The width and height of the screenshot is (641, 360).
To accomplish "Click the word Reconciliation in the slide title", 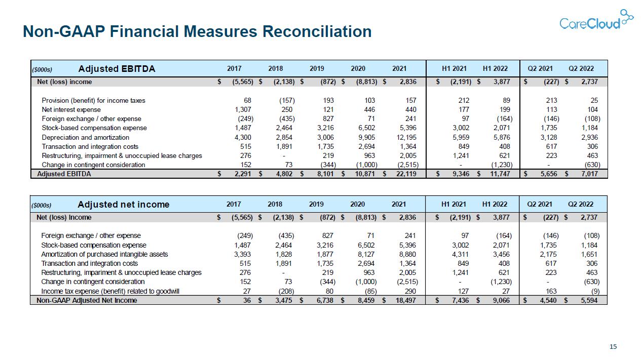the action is [x=317, y=31].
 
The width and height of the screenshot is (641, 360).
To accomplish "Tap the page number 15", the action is [x=613, y=346].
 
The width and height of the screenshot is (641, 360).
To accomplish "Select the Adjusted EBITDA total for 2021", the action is [x=406, y=174].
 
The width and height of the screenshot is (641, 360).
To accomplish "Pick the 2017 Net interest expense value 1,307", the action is [x=243, y=109].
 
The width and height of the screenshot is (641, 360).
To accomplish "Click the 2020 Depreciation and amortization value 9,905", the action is [x=366, y=137].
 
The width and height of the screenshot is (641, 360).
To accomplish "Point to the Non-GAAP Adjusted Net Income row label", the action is [x=87, y=300].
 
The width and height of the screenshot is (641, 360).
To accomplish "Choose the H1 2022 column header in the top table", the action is [x=495, y=69].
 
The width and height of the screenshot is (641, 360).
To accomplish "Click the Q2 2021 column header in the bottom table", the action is [x=540, y=204].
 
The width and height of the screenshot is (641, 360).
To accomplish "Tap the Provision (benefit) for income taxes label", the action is [x=93, y=100].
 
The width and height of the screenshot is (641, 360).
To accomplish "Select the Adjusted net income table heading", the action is [x=124, y=205].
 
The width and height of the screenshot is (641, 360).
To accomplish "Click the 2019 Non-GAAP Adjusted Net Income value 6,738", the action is [x=325, y=300].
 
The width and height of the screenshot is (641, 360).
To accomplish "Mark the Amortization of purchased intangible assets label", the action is [x=104, y=254].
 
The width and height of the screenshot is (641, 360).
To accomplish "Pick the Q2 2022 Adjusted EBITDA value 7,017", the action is [x=589, y=174].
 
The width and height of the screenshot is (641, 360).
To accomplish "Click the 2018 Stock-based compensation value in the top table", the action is [x=284, y=128].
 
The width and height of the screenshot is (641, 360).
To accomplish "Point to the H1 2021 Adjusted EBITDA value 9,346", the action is [x=461, y=174].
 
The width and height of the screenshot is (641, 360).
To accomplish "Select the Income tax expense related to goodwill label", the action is [x=110, y=291].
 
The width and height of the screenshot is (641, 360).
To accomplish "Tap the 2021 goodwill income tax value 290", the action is [x=410, y=291].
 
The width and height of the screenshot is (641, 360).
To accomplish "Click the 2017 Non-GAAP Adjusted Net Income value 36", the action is [x=247, y=300].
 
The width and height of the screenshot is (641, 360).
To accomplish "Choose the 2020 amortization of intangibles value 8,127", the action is [x=366, y=254].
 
